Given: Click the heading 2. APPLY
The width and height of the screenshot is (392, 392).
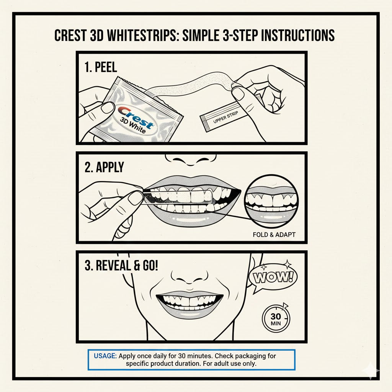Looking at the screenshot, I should click(x=104, y=167).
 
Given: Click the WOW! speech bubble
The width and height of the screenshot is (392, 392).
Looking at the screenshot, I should click(x=273, y=277).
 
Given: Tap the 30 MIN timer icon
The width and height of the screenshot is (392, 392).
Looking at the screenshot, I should click(x=275, y=318).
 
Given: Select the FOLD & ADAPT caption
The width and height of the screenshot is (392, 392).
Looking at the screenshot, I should click(x=274, y=234).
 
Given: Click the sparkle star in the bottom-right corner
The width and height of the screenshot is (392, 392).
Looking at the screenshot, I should click(x=372, y=371).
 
